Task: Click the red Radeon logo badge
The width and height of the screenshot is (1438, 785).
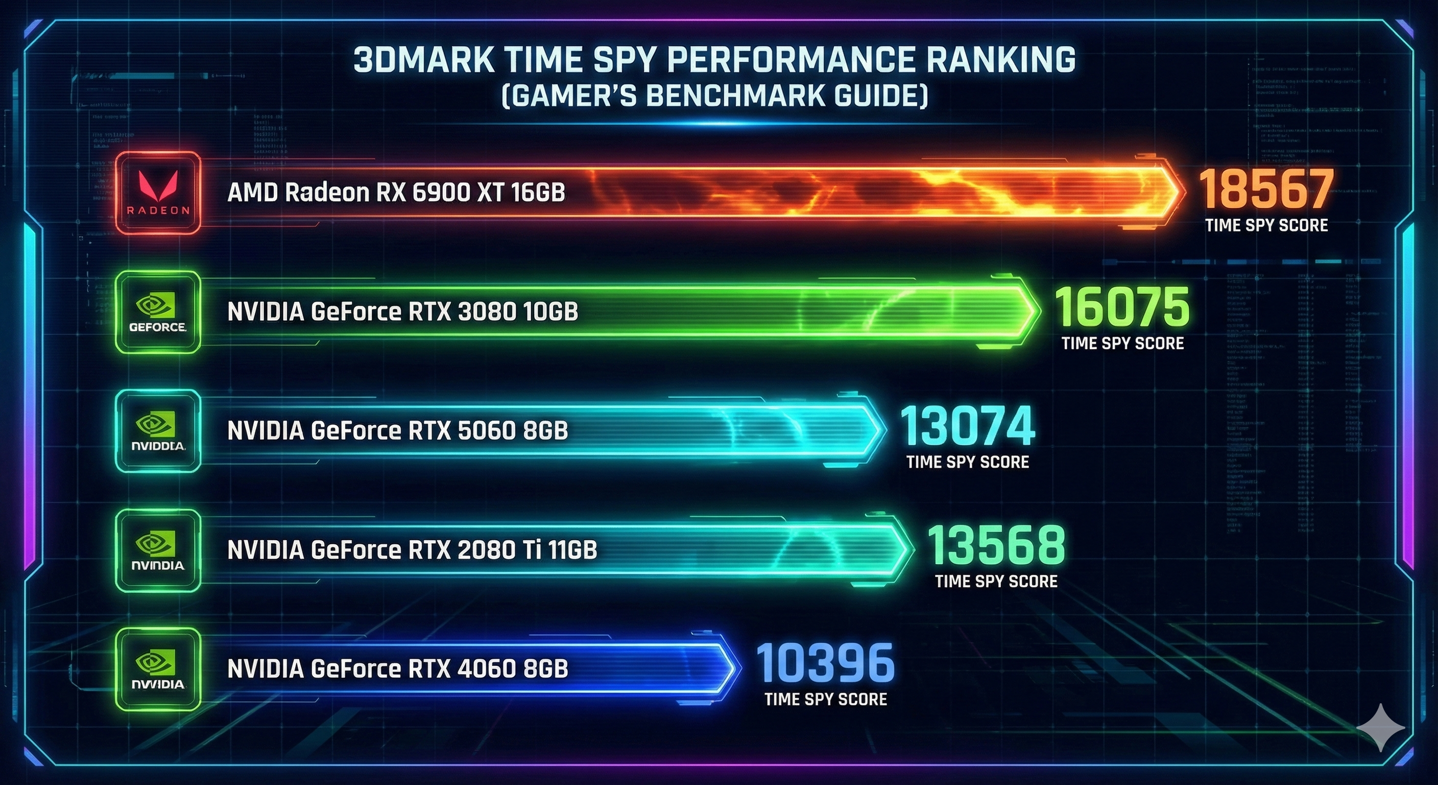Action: [158, 193]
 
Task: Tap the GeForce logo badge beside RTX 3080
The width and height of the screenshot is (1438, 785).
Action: [158, 312]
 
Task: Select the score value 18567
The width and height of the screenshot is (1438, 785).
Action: [1266, 190]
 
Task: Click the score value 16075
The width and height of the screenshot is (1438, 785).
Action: [1122, 307]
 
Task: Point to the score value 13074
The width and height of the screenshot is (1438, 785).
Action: [967, 426]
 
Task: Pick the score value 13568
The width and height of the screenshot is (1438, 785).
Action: [996, 545]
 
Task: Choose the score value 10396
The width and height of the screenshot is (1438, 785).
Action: [825, 663]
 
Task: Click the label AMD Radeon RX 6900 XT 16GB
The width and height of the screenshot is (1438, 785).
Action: [396, 193]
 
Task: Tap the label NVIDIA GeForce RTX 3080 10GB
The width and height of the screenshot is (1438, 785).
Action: [402, 312]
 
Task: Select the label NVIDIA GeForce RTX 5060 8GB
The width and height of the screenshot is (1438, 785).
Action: [397, 431]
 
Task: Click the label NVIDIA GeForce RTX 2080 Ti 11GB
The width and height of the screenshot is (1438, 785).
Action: [412, 550]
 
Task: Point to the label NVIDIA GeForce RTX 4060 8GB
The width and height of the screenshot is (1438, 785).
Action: [397, 669]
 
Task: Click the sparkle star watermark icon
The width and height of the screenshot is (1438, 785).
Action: [1380, 727]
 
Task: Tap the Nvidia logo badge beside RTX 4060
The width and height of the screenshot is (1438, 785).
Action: [158, 669]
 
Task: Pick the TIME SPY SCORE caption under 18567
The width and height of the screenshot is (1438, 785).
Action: [1266, 225]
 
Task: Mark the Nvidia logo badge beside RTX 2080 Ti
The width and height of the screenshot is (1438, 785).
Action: [158, 550]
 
